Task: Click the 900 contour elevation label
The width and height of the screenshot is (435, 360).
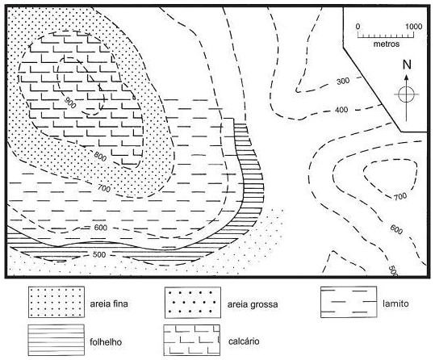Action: click(69, 103)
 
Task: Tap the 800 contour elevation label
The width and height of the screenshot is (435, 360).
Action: click(100, 157)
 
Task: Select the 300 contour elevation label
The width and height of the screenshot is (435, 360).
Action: click(343, 82)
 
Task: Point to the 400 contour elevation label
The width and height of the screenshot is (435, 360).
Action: click(341, 110)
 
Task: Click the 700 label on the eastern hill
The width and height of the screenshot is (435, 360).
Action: click(400, 197)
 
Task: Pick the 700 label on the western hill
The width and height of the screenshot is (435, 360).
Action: click(104, 188)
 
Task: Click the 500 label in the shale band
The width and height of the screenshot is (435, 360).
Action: click(99, 254)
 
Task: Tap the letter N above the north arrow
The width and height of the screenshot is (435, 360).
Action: click(407, 65)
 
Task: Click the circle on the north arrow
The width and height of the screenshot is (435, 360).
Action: click(407, 94)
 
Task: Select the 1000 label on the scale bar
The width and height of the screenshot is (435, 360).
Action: click(414, 27)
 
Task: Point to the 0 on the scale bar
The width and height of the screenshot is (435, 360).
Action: click(358, 27)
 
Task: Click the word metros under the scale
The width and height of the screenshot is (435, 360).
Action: click(386, 44)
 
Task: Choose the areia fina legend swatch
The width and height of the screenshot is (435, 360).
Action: click(56, 302)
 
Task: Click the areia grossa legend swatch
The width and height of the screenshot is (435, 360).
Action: click(193, 302)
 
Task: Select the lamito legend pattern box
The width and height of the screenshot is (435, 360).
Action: click(349, 302)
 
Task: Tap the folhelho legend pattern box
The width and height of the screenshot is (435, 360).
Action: click(56, 341)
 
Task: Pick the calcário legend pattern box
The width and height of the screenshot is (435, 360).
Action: click(192, 341)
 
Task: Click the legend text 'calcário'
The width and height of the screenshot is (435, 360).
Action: click(244, 341)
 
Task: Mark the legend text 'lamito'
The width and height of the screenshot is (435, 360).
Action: click(395, 303)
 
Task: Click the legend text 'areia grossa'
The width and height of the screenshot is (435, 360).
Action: click(253, 304)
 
